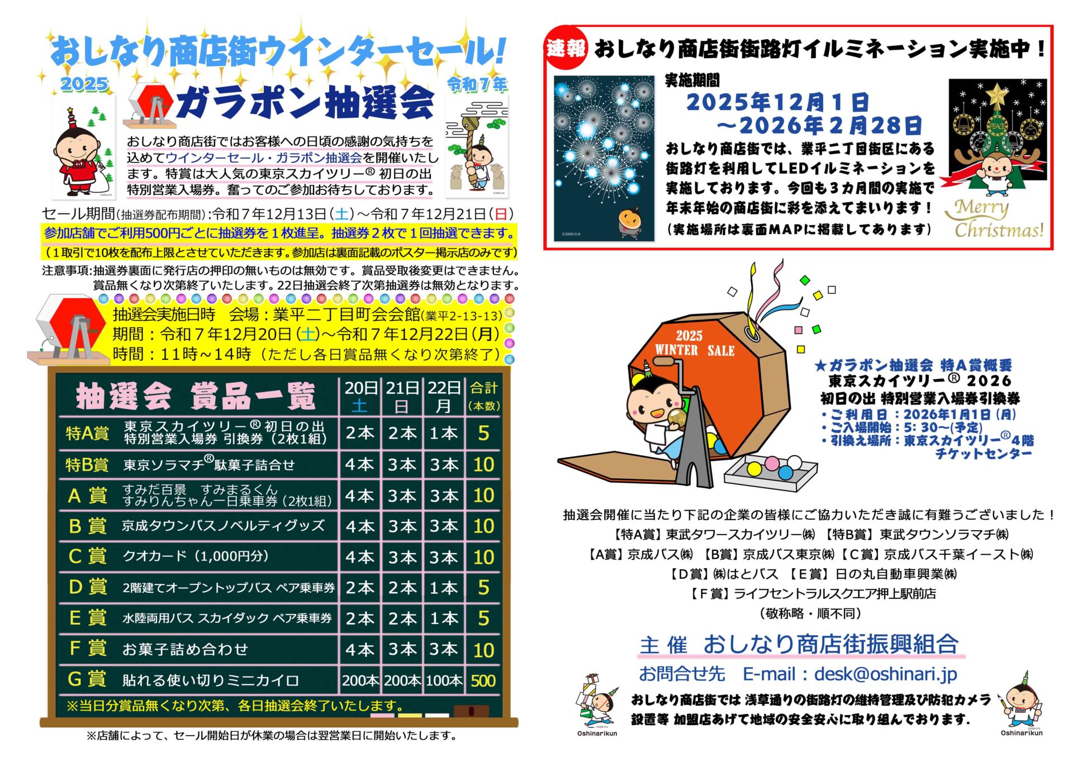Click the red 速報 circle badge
(x=566, y=49)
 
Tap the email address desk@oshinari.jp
(x=886, y=674)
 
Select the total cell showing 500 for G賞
(x=483, y=680)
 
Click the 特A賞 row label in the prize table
(x=87, y=433)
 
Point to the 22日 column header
(x=444, y=396)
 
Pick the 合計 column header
(x=484, y=396)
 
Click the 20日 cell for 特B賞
(x=359, y=464)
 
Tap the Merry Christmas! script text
(x=994, y=218)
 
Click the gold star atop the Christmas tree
(x=996, y=95)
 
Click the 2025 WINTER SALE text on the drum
(x=695, y=343)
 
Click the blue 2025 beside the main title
(x=84, y=84)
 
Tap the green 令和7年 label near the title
(x=477, y=84)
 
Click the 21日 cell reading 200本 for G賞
(x=402, y=680)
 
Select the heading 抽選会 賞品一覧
(x=196, y=396)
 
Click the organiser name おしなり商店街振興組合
(x=830, y=644)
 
